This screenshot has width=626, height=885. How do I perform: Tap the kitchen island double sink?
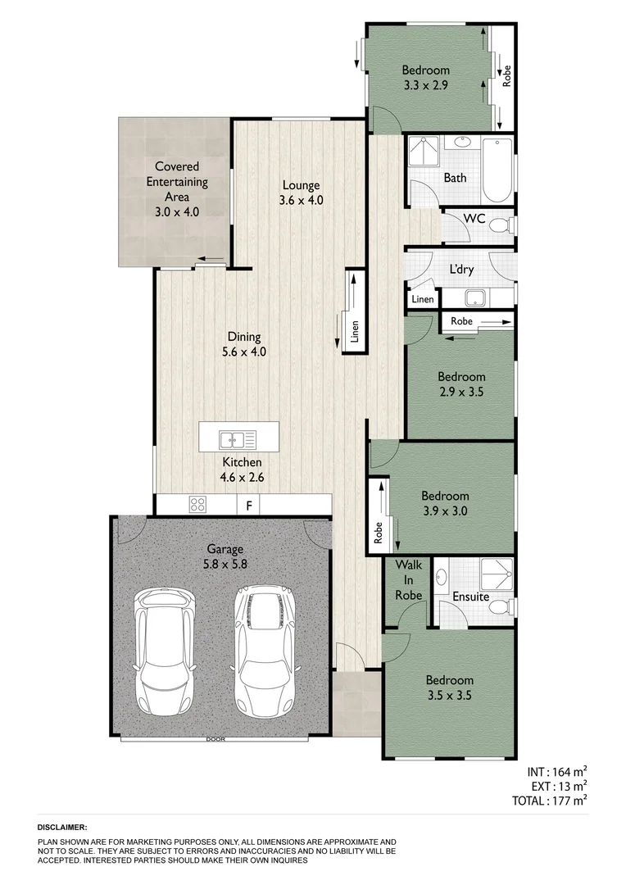238,439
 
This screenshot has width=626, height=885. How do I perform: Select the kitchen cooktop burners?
198,505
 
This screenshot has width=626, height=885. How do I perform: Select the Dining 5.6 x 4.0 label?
243,344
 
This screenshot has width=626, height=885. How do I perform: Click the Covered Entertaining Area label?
177,189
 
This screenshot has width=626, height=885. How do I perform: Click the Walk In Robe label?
407,580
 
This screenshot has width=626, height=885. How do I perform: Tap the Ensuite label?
470,597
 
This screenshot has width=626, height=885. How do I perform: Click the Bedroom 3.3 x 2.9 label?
426,77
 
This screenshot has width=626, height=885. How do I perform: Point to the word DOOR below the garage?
215,739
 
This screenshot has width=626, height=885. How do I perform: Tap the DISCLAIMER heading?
63,828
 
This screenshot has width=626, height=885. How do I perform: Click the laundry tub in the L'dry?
474,297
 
